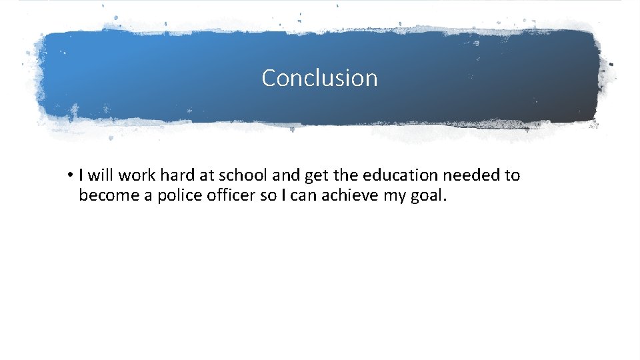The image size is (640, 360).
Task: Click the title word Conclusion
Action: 319,78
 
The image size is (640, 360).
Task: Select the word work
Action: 137,175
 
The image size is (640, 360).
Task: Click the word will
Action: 101,175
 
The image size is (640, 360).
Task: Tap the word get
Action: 316,175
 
